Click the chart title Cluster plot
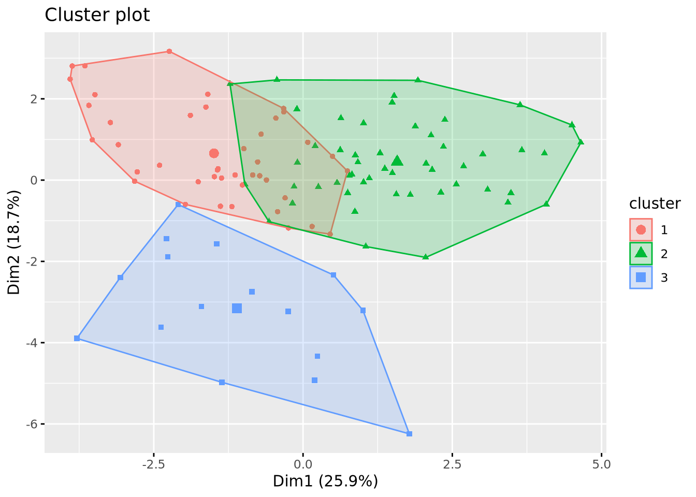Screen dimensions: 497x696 97,15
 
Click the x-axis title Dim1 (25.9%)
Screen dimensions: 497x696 325,481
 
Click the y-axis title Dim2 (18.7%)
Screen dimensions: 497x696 14,242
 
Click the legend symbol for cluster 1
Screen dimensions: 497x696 641,229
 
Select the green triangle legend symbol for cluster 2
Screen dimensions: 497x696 641,253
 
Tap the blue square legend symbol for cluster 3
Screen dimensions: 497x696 641,277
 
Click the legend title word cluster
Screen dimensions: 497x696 655,204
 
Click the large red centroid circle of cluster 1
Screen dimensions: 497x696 214,153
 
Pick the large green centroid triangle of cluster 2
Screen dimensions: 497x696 397,160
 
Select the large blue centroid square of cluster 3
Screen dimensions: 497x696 237,309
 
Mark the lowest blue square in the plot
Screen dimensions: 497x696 409,434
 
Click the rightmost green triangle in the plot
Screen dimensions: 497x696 581,142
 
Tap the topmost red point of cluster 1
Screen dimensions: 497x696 169,51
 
